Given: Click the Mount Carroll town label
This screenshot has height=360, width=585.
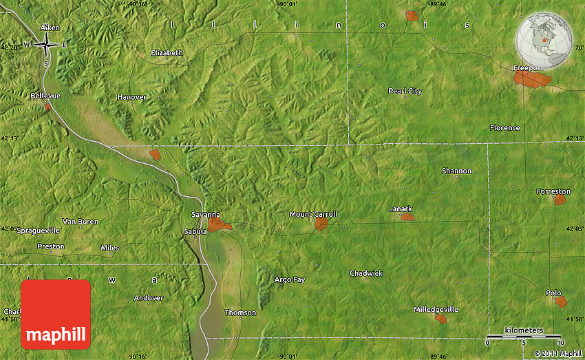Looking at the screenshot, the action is click(x=313, y=214).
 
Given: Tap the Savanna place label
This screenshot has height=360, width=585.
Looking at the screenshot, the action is click(x=206, y=215).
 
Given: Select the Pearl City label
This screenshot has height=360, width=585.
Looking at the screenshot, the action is click(x=405, y=91).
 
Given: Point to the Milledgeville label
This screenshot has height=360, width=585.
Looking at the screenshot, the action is click(x=436, y=309).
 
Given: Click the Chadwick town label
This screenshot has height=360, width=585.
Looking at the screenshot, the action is click(x=366, y=273).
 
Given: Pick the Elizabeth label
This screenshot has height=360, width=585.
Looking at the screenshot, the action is click(x=167, y=52).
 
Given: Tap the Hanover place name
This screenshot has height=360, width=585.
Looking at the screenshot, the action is click(x=131, y=97).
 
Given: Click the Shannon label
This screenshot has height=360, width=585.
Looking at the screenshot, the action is click(x=457, y=171).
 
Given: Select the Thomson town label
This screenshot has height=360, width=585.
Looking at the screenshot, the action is click(x=240, y=313).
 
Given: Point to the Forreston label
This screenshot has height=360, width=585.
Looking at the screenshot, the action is click(x=553, y=191).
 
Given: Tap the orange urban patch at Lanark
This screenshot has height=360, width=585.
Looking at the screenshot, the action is click(x=407, y=217).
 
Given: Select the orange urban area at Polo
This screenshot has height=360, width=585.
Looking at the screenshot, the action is click(x=562, y=302).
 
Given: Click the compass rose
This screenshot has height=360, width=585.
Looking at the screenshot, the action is click(x=46, y=45).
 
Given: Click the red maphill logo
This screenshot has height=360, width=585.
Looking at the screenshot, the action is click(x=56, y=315).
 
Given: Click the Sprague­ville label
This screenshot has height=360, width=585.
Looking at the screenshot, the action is click(x=38, y=230).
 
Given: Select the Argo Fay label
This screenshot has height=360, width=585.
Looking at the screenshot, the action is click(x=290, y=279).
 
